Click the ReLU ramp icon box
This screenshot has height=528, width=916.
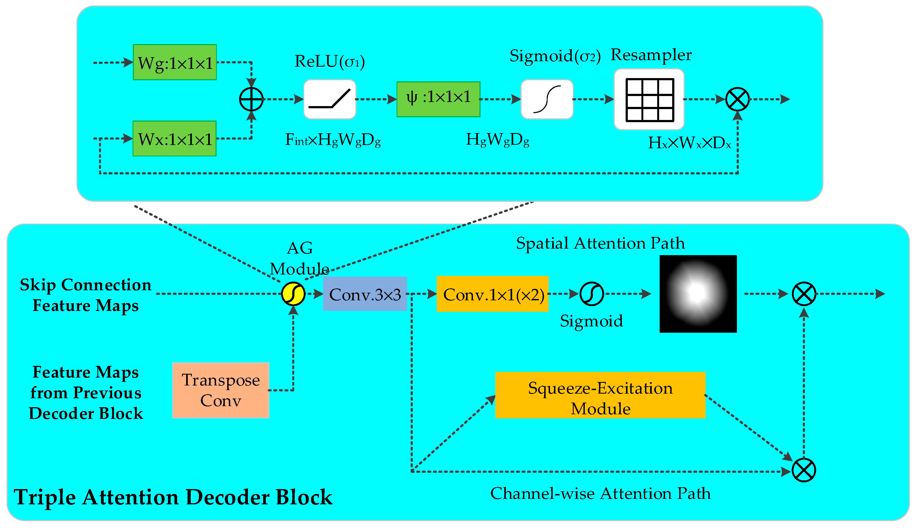tap(329, 99)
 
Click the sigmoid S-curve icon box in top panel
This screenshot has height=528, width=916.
tap(547, 99)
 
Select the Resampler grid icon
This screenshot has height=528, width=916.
tap(649, 99)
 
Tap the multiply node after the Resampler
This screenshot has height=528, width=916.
tap(737, 99)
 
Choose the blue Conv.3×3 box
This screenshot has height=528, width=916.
tap(365, 294)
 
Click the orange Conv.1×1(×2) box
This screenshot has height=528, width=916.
tap(492, 294)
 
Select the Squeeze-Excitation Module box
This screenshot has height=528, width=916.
tap(600, 395)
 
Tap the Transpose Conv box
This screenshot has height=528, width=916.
tap(221, 390)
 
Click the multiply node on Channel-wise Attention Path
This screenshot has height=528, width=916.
tap(804, 470)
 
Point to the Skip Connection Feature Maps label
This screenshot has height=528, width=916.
tap(86, 295)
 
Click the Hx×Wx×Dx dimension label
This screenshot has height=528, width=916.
tap(689, 143)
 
